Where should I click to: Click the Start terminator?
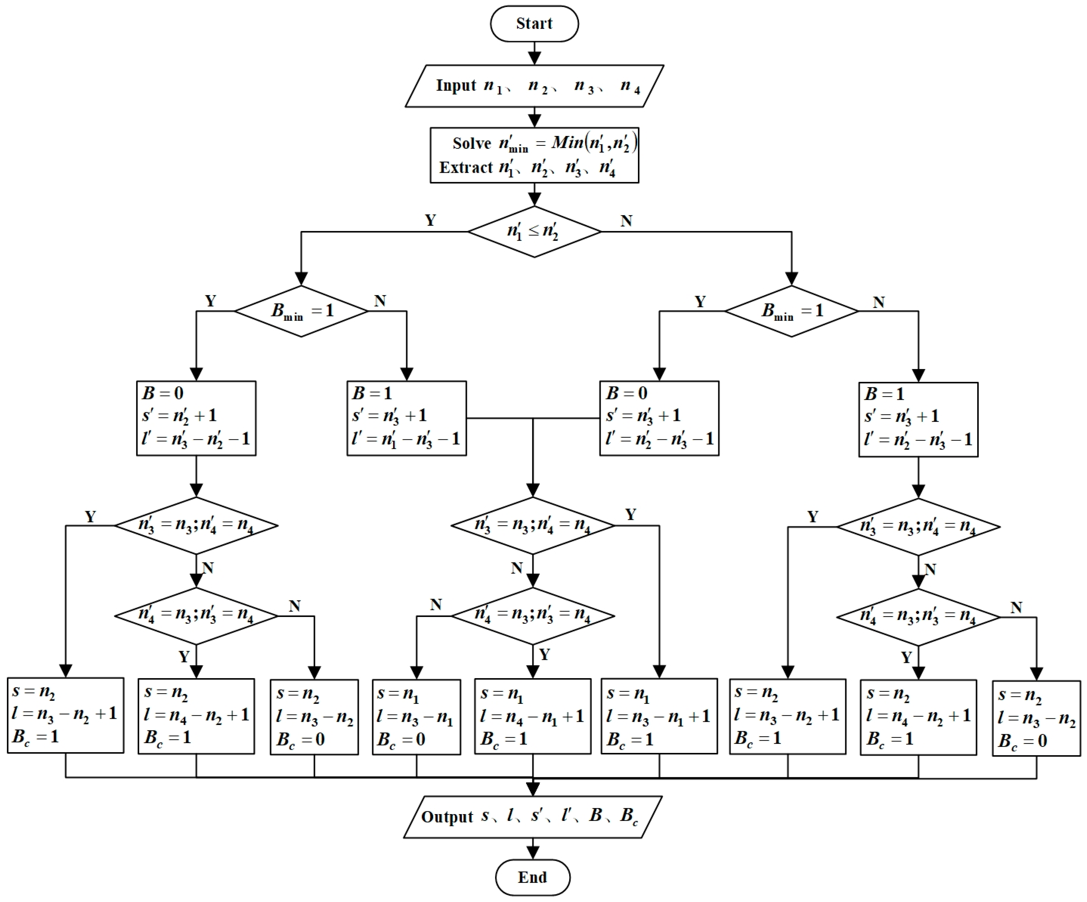[534, 24]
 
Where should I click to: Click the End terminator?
[533, 877]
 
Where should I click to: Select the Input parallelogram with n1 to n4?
[534, 86]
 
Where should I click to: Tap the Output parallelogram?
[533, 817]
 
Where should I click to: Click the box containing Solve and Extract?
[534, 155]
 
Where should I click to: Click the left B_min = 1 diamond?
[301, 311]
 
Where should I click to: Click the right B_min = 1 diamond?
[791, 311]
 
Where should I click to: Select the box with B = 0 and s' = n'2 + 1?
[196, 418]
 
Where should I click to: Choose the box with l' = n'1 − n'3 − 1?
[406, 418]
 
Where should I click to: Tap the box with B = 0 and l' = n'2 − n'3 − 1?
[659, 418]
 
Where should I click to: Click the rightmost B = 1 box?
[918, 419]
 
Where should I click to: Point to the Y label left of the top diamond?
[430, 221]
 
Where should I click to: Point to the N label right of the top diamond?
[626, 221]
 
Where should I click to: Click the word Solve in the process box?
[472, 143]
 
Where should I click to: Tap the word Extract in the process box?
[466, 168]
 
